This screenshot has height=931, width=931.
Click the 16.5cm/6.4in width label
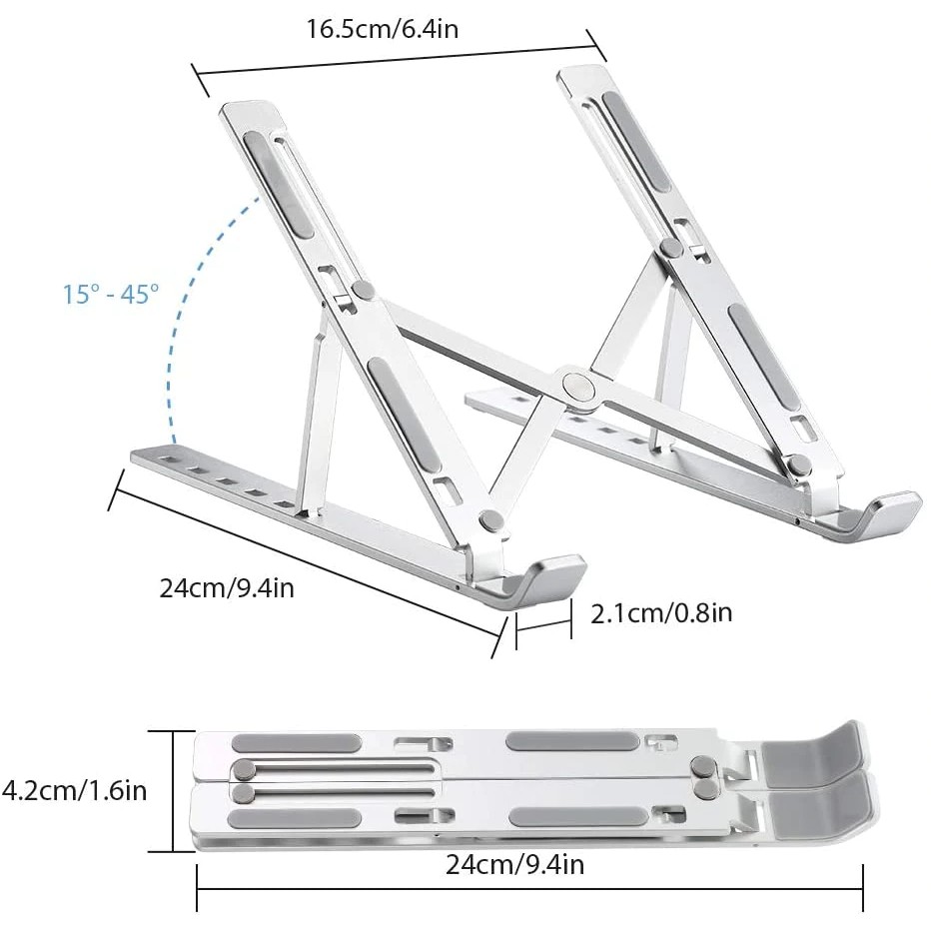(x=382, y=28)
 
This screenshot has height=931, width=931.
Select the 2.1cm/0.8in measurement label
(x=661, y=612)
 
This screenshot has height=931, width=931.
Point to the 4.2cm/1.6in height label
(x=75, y=791)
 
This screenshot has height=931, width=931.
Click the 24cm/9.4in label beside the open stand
(x=227, y=587)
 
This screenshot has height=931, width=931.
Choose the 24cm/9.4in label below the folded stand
(x=512, y=864)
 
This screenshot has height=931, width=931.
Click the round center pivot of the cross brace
(x=576, y=385)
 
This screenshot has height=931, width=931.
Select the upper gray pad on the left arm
(x=279, y=184)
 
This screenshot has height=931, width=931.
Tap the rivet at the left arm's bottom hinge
(x=489, y=519)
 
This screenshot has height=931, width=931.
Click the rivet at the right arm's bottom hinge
(x=798, y=464)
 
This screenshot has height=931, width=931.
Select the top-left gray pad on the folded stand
(x=296, y=743)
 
